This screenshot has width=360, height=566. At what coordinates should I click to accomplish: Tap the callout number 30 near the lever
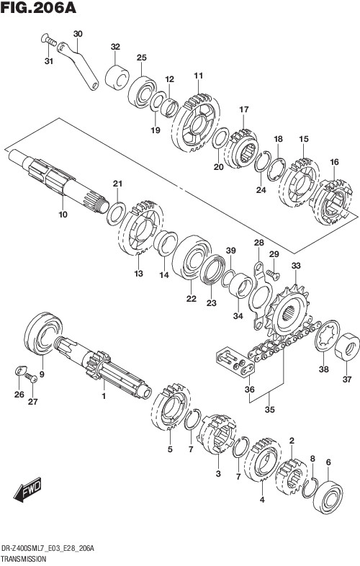point(78,34)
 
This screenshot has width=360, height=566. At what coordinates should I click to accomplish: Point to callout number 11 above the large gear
point(198,75)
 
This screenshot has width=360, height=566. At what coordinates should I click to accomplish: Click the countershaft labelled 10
point(58,177)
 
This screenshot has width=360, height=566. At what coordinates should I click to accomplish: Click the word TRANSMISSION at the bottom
point(24,558)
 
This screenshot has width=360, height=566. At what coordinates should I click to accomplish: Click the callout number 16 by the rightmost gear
point(333,163)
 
